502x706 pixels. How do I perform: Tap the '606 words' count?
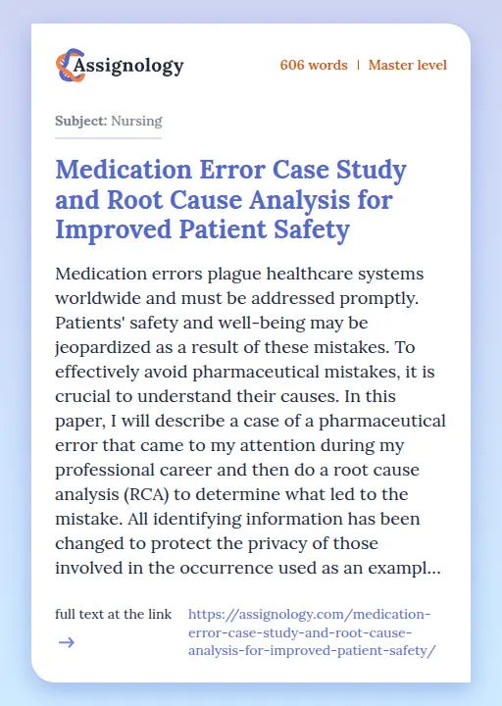tap(313, 66)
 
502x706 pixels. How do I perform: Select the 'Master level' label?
tap(407, 66)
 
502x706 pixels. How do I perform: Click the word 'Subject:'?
tap(80, 122)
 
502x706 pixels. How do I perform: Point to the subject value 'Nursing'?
tap(136, 122)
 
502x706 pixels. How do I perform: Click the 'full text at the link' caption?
tap(114, 614)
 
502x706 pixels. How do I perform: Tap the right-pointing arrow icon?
tap(66, 643)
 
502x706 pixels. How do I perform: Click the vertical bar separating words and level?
tap(358, 66)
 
